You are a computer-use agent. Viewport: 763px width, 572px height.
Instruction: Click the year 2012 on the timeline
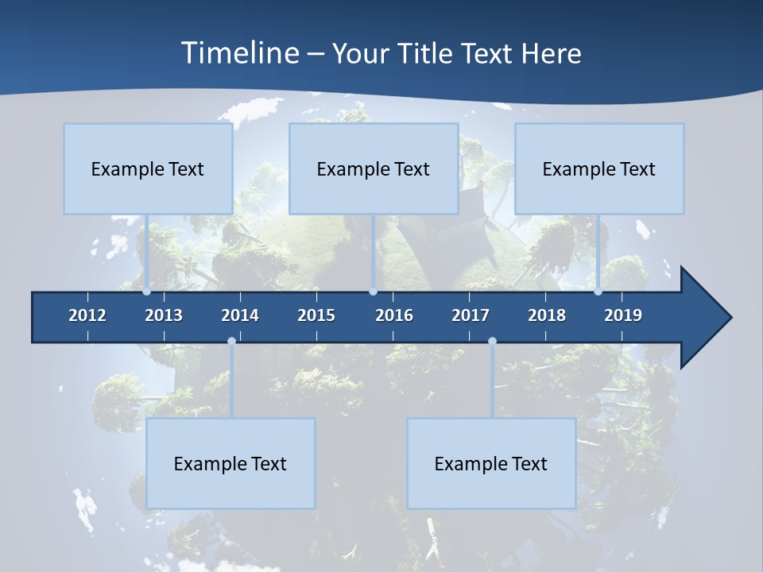(x=87, y=315)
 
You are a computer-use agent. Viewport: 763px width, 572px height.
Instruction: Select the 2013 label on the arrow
(x=164, y=315)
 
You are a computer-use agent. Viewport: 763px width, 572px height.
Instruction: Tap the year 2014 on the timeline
(x=240, y=315)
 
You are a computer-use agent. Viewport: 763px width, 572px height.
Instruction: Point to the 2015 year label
(x=316, y=315)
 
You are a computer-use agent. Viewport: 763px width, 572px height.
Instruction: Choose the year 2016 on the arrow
(x=394, y=315)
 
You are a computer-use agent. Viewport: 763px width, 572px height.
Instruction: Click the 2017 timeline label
(x=471, y=315)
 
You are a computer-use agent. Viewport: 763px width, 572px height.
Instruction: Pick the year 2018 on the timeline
(x=547, y=315)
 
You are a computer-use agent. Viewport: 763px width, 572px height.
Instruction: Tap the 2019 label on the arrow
(x=623, y=315)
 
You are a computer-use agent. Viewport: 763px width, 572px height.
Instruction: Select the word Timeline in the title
(x=239, y=53)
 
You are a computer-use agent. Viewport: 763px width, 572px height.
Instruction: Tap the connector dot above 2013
(x=147, y=292)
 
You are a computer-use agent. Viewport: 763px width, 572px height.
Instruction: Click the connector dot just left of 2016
(x=373, y=292)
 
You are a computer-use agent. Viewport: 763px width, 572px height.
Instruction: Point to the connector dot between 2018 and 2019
(x=598, y=292)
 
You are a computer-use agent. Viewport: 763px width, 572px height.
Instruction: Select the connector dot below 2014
(x=231, y=342)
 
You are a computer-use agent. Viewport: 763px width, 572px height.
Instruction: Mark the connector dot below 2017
(x=492, y=342)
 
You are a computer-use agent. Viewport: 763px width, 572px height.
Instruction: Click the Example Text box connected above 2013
(x=148, y=168)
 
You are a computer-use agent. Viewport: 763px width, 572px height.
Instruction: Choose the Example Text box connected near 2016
(x=374, y=168)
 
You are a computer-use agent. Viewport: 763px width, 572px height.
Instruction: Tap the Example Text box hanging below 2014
(x=230, y=463)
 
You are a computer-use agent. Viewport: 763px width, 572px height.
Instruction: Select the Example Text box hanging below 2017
(x=491, y=463)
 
